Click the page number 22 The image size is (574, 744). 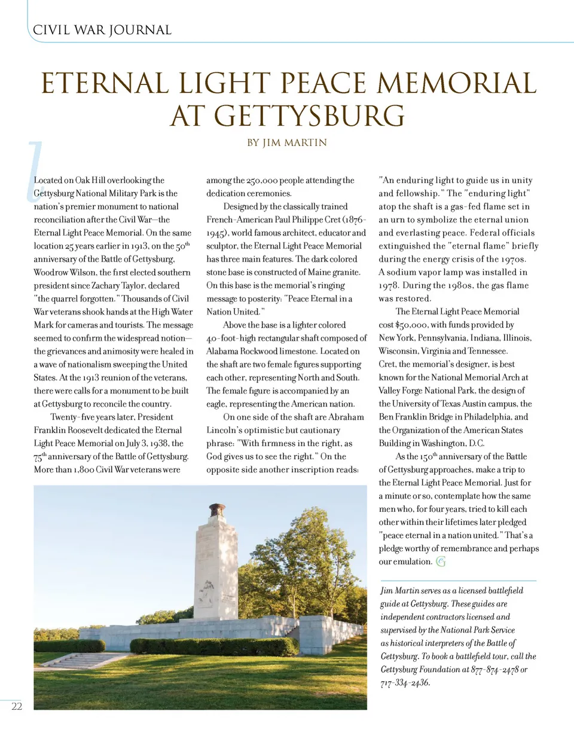pos(17,706)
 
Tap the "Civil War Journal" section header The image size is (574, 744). pos(102,30)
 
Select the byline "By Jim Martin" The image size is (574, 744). pos(287,143)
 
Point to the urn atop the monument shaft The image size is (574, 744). pos(216,511)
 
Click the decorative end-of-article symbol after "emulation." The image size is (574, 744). pos(441,561)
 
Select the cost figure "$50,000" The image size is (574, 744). pos(411,325)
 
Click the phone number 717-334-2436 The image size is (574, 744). pos(405,683)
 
